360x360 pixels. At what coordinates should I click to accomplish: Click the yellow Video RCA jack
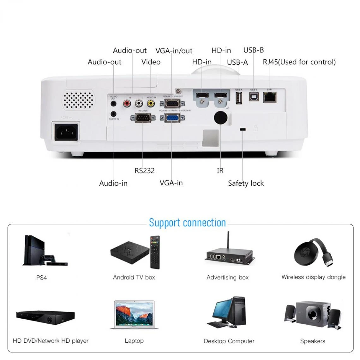coord(151,103)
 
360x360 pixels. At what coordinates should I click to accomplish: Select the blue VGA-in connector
coord(172,118)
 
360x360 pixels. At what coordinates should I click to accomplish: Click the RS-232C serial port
coord(143,118)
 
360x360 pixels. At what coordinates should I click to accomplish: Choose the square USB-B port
coord(254,96)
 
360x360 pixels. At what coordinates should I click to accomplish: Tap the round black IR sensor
coord(220,117)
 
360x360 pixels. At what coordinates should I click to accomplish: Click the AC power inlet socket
coord(66,131)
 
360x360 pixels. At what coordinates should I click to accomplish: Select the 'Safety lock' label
coord(246,183)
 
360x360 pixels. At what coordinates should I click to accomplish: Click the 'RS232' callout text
coord(144,171)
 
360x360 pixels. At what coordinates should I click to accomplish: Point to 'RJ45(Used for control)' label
coord(299,62)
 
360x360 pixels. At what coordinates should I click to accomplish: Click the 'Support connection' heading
coord(187,223)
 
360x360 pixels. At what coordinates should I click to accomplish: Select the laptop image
coord(134,315)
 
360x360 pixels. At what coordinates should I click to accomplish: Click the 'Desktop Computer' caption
coord(229,341)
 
